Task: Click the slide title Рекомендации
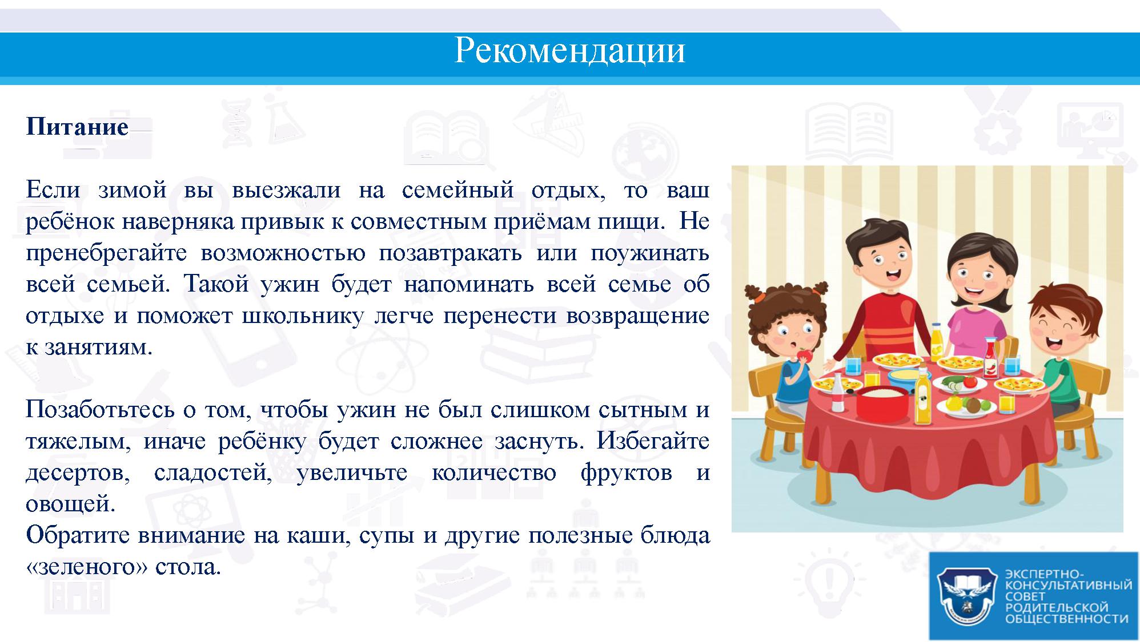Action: point(569,50)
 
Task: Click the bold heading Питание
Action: point(77,126)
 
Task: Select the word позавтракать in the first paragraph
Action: point(450,252)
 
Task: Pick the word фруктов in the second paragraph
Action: point(626,473)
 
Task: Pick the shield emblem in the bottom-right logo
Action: point(968,596)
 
